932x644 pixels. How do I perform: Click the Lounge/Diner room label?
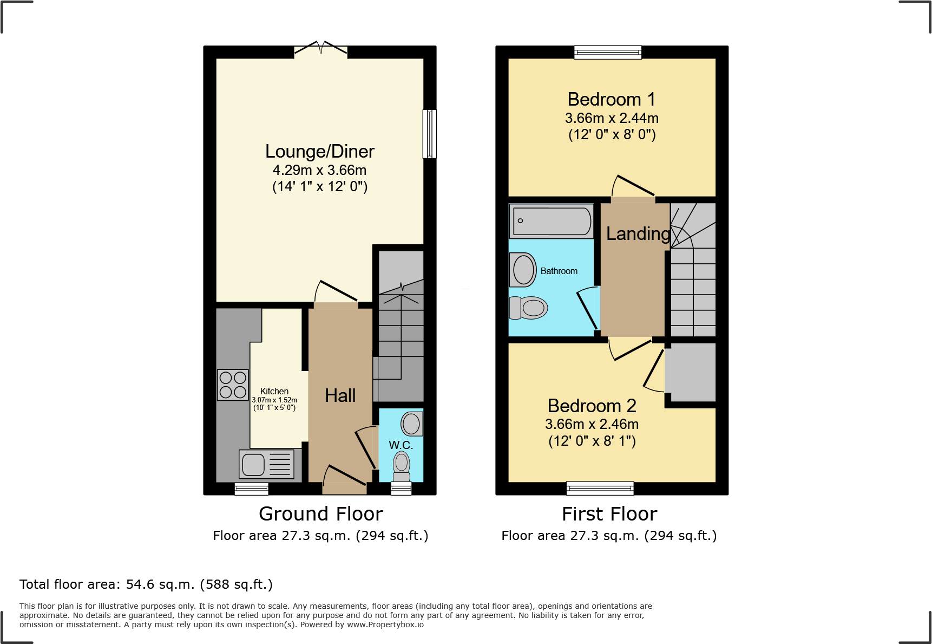(319, 152)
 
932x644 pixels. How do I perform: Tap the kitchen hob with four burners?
(233, 385)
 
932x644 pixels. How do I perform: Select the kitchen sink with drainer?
(267, 464)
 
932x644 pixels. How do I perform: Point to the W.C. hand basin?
(411, 424)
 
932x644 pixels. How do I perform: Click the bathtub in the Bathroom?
(552, 221)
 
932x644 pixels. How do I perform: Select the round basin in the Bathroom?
(523, 270)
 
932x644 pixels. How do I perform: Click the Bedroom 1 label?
(611, 100)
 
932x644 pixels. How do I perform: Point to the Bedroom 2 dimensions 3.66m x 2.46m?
(592, 424)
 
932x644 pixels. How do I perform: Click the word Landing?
(638, 233)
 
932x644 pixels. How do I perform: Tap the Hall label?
(340, 395)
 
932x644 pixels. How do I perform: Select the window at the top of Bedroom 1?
(608, 53)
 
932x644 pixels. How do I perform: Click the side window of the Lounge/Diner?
(429, 134)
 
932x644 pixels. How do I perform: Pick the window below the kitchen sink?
(252, 489)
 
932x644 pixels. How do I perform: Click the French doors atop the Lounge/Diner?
(320, 50)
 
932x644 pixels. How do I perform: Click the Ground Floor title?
(320, 513)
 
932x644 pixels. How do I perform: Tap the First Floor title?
(609, 513)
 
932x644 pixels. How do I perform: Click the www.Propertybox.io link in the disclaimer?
(385, 625)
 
